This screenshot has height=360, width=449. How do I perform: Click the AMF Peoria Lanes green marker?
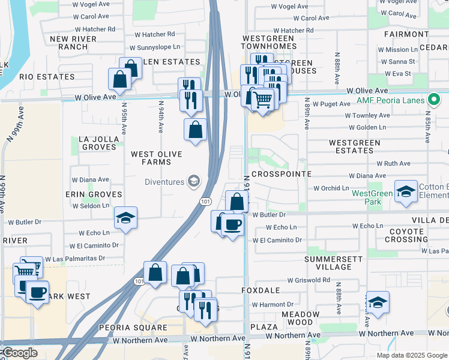pos(434,100)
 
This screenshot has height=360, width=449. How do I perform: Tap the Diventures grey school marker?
pos(194,181)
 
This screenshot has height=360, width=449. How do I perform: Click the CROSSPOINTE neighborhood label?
pos(282,173)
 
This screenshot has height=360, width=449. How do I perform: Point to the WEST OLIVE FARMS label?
pos(157,158)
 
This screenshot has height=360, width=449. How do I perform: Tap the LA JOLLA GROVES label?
pos(98,143)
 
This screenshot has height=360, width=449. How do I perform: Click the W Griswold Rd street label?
pos(309,280)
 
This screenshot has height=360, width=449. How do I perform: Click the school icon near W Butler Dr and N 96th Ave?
pos(126,218)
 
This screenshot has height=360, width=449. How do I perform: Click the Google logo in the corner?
pos(19,353)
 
